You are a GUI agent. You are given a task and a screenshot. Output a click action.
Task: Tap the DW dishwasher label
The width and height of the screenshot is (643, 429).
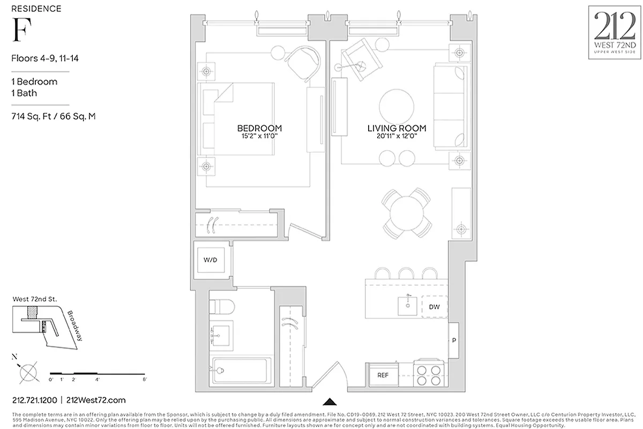click(434, 307)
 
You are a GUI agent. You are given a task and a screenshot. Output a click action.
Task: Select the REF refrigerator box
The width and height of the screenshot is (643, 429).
click(383, 375)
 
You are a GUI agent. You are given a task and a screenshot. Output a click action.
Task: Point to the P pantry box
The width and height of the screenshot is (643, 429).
click(454, 341)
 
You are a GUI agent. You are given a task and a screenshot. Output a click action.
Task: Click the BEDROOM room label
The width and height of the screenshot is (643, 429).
click(259, 128)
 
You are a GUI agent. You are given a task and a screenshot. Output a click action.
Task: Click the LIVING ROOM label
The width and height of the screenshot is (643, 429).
click(397, 128)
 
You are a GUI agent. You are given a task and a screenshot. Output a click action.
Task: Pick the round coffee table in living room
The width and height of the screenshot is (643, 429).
click(397, 106)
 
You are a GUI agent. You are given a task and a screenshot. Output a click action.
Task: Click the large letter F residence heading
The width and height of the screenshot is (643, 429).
click(19, 31)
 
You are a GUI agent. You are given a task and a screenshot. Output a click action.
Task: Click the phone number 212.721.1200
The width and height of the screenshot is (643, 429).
click(34, 400)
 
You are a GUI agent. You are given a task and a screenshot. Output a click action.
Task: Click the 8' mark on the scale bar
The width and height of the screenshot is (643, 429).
click(145, 380)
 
